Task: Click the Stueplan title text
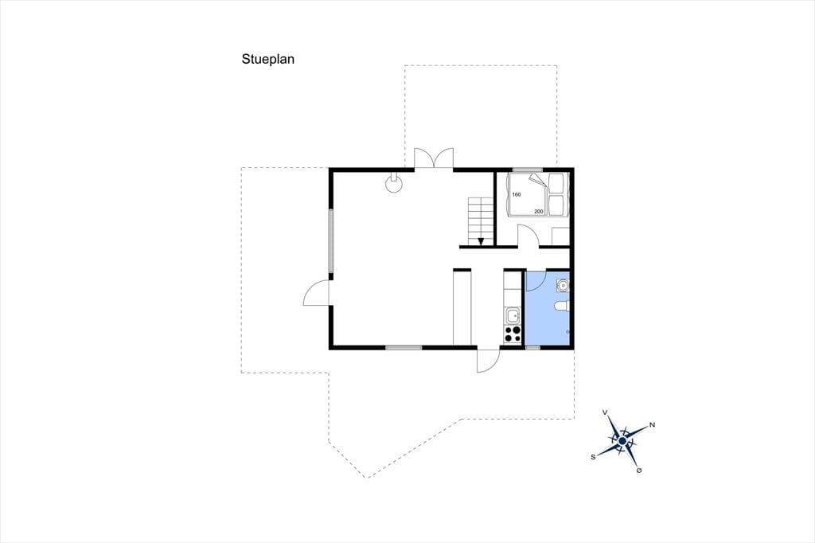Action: coord(267,59)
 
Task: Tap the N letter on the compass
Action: coord(653,425)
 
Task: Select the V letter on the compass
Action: coord(605,412)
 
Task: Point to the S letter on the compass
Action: coord(593,457)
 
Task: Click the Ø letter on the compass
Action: coord(639,471)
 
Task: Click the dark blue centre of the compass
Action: coord(622,441)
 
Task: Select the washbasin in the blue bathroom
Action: coord(563,285)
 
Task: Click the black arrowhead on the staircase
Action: coord(481,241)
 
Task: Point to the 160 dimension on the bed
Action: coord(516,194)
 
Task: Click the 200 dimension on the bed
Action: coord(539,211)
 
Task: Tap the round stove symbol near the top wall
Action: coord(393,182)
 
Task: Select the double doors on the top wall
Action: coord(434,158)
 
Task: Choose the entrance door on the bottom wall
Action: coord(489,359)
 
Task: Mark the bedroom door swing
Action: coord(528,235)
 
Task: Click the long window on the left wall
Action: coord(330,240)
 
